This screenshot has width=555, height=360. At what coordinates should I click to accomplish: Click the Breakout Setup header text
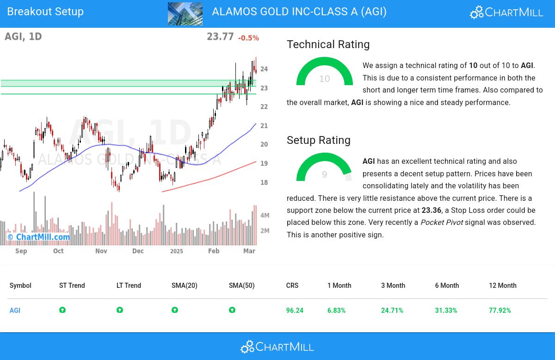tap(45, 12)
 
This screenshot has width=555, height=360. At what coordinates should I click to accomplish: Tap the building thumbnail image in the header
tap(185, 14)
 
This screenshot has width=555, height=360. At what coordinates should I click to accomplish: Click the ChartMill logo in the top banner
tap(506, 12)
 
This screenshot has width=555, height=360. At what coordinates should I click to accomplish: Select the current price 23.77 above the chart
tap(220, 37)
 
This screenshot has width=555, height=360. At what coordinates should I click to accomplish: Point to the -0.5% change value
tap(248, 38)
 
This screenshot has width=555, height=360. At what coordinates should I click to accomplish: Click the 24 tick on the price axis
tap(264, 69)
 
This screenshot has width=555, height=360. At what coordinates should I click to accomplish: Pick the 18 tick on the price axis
tap(264, 182)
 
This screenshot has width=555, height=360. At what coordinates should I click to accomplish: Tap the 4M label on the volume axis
tap(265, 216)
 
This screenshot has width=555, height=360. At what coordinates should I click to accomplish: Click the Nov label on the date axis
tap(101, 251)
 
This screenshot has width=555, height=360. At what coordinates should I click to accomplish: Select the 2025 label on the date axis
tap(177, 251)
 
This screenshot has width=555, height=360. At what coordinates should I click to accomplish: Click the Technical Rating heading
tap(328, 44)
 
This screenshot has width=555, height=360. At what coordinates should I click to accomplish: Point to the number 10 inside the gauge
tap(324, 79)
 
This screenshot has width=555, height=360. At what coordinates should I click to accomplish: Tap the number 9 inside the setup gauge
tap(324, 174)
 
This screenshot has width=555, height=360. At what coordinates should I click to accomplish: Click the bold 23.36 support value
tap(432, 210)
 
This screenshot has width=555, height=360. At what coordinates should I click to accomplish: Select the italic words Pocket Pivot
tap(442, 223)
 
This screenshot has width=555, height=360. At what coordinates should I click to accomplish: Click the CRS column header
tap(292, 286)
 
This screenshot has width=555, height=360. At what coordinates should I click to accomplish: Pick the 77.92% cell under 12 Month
tap(500, 310)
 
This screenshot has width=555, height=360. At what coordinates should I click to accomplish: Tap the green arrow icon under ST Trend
tap(62, 310)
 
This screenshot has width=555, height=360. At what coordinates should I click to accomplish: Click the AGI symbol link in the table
tap(15, 310)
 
